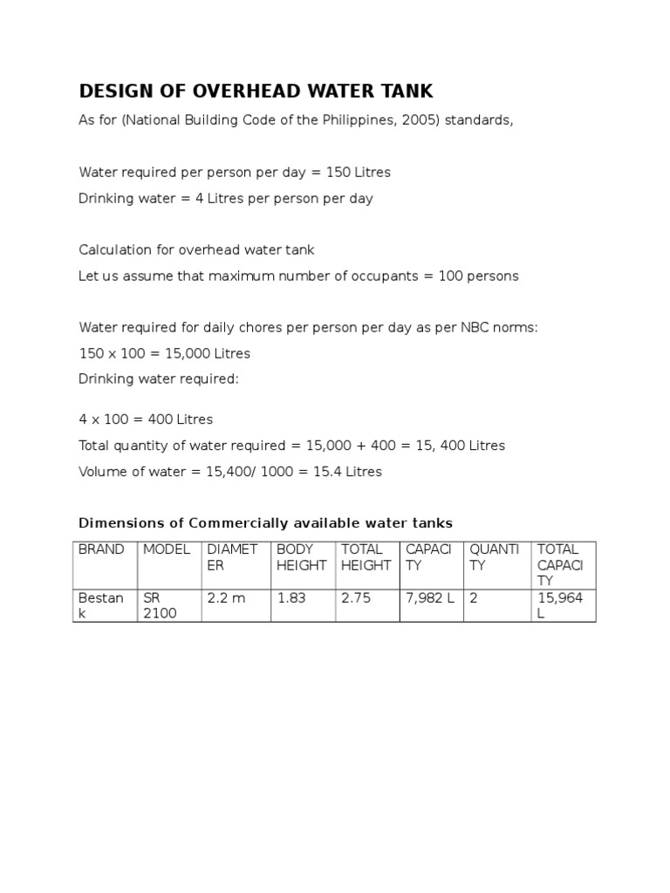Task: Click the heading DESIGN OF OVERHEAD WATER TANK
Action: pos(256,92)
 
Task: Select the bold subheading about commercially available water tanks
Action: pos(266,523)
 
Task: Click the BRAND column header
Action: pos(101,549)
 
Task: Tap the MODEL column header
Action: pos(166,549)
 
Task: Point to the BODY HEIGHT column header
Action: pos(301,557)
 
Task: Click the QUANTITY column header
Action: pos(495,557)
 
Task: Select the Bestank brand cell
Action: pos(101,605)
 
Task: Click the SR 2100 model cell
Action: pos(160,605)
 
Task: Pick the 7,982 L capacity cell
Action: pos(430,598)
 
